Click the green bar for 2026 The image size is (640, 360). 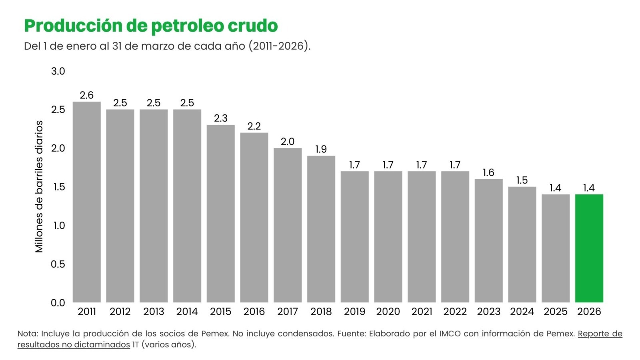589,248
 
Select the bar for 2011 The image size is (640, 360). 86,202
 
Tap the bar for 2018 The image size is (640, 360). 321,229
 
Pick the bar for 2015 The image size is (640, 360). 220,214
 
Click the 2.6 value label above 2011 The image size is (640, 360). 86,95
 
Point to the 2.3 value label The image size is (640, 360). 220,118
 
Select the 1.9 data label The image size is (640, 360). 321,149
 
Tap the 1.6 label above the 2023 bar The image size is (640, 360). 488,172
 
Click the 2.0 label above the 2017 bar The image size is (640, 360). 288,142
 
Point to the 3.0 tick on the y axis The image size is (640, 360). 58,71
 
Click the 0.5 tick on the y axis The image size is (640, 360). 58,264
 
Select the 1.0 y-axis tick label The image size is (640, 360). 59,226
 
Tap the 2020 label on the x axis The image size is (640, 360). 388,312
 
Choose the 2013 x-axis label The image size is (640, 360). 154,312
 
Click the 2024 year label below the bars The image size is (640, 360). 522,312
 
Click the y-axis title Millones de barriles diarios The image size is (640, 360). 39,186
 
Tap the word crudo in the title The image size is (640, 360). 252,26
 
